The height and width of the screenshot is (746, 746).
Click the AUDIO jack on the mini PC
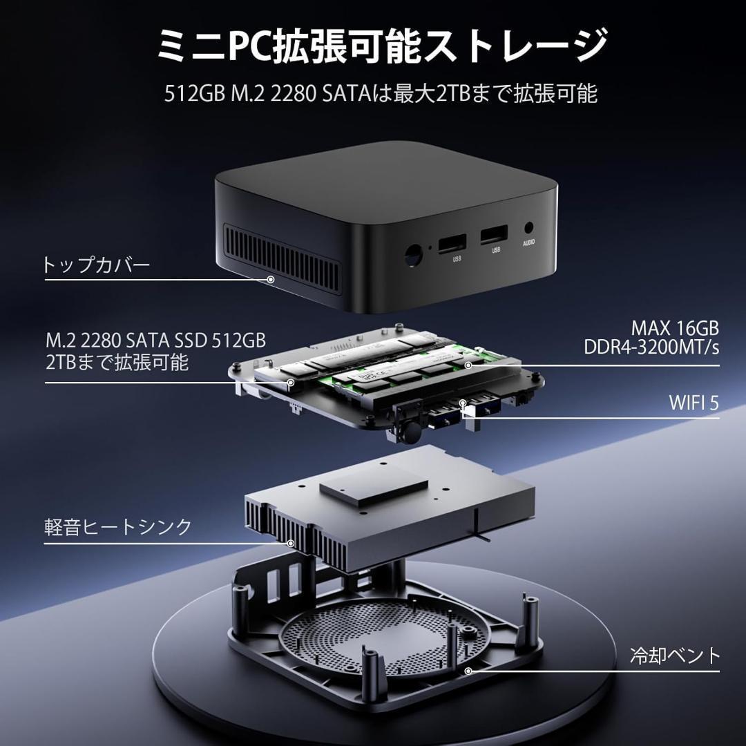pos(530,229)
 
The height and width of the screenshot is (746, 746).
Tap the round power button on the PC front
pos(412,256)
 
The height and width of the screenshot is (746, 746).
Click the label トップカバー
pos(96,265)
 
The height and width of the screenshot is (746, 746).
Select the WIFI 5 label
pos(693,403)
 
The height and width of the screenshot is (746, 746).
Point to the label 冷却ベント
pos(675,655)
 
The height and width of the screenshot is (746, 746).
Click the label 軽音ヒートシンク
pos(117,527)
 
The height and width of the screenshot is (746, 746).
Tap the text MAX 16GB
pos(674,327)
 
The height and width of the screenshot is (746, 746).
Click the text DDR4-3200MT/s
pos(651,347)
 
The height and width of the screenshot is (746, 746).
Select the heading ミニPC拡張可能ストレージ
pos(373,45)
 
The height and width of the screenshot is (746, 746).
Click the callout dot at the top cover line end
pos(271,279)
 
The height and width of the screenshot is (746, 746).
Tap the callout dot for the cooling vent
pos(468,671)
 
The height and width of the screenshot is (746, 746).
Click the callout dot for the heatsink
pos(291,543)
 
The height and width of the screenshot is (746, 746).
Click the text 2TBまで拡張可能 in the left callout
pos(117,362)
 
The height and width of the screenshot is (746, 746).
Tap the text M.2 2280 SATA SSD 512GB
pos(155,341)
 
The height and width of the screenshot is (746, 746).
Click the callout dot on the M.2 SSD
pos(291,382)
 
